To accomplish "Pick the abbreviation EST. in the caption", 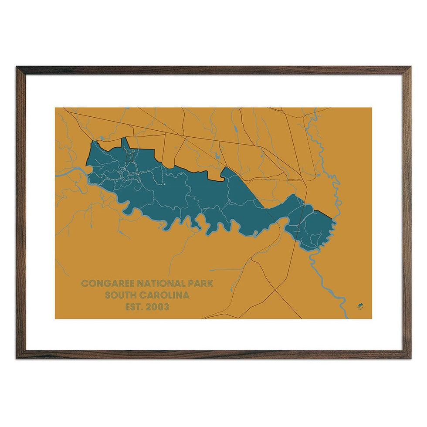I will (133, 307).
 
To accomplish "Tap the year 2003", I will (157, 307).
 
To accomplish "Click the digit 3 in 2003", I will (167, 307).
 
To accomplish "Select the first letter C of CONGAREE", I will (84, 283).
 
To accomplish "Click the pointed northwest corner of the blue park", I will (92, 142).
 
